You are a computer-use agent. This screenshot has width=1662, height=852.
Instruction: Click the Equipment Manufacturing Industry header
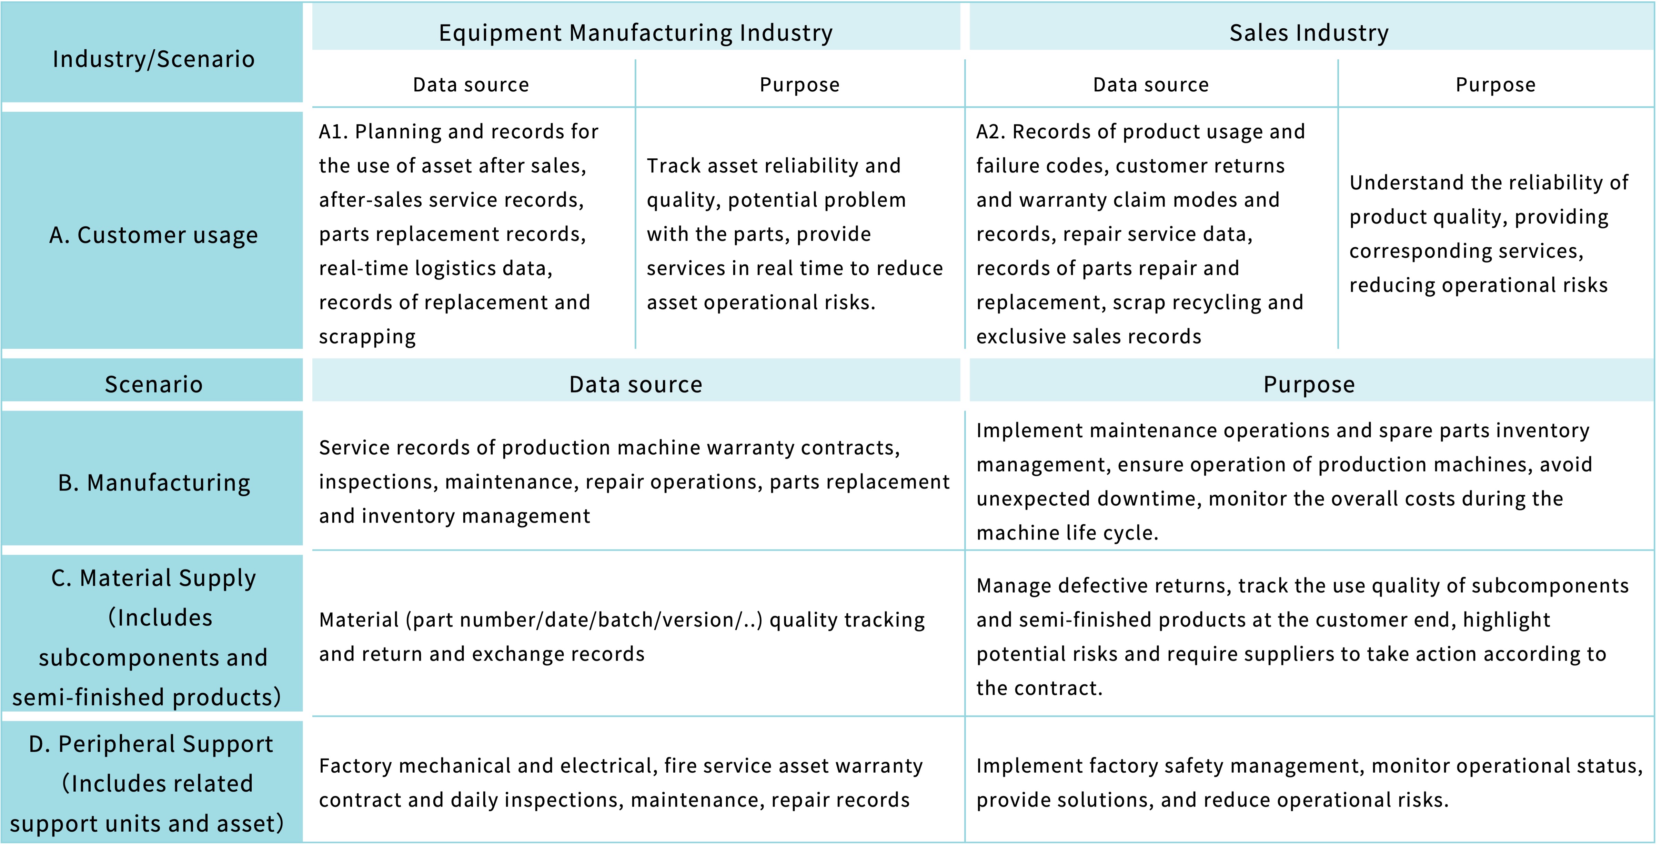(x=635, y=32)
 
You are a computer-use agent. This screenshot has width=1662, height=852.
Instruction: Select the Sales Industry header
(x=1308, y=32)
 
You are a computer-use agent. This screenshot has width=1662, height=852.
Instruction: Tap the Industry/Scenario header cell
(x=153, y=59)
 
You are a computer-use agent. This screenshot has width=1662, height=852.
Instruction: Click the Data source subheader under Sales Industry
(x=1150, y=85)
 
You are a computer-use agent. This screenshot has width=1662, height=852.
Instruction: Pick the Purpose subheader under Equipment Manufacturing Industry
(x=799, y=85)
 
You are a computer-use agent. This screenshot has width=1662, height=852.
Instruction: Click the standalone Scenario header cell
(x=153, y=384)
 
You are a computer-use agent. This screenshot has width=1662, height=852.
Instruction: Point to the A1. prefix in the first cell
(x=333, y=132)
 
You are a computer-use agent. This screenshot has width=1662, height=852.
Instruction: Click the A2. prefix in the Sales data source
(x=990, y=132)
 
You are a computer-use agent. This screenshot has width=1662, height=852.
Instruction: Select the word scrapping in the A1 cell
(x=367, y=337)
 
